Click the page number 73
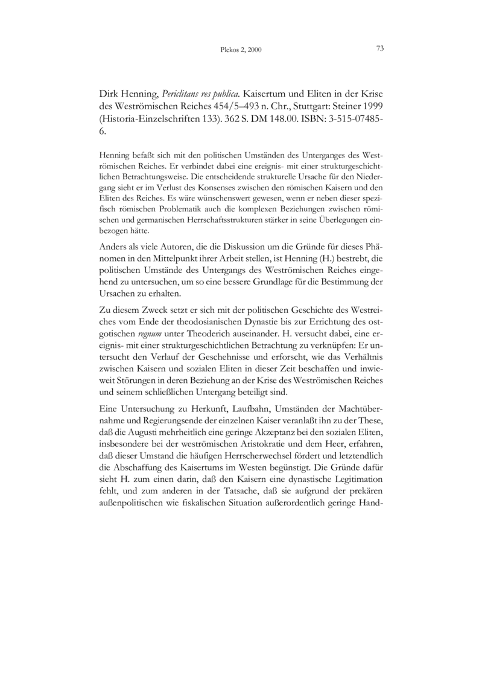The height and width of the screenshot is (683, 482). pyautogui.click(x=380, y=49)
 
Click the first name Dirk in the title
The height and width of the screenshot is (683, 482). pyautogui.click(x=109, y=95)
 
